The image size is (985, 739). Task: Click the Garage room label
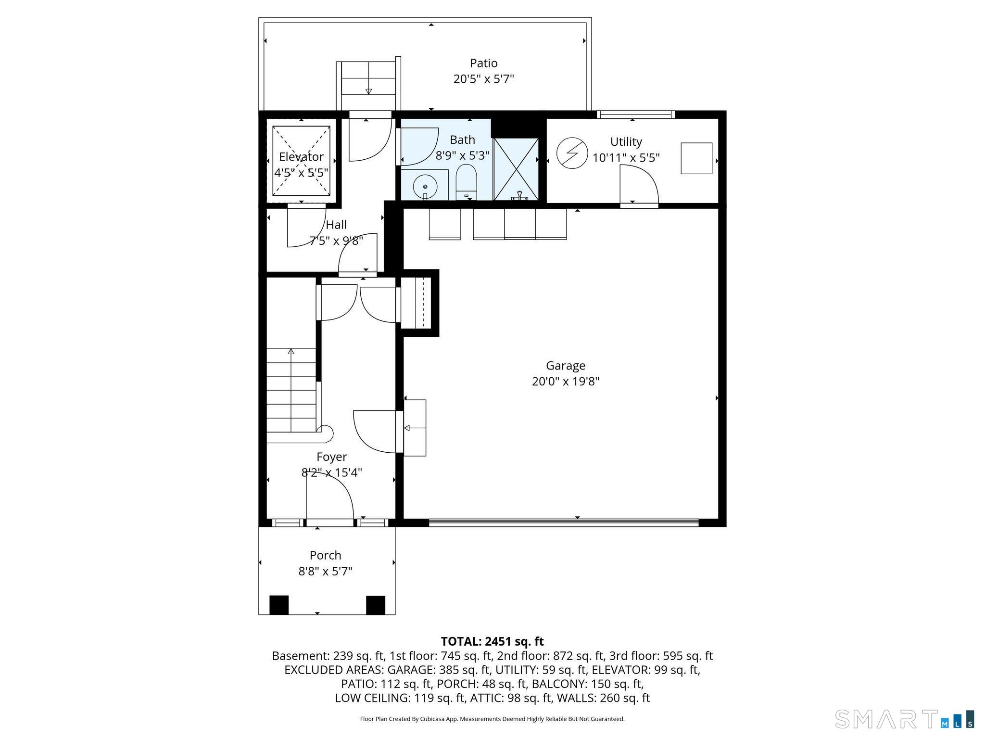[x=565, y=366]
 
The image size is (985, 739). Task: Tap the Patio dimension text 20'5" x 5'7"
[x=483, y=79]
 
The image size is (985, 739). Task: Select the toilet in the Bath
[x=466, y=182]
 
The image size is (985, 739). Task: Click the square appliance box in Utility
[x=696, y=158]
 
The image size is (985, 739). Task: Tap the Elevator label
[x=301, y=157]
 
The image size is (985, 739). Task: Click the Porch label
[x=326, y=555]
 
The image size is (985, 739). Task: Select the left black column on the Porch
[x=279, y=605]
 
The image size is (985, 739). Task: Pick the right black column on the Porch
[x=376, y=605]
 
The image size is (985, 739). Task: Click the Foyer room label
[x=331, y=457]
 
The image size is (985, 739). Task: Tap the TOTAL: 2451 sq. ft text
[x=492, y=641]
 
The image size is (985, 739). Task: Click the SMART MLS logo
[x=905, y=718]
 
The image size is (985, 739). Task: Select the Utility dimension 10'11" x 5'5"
[x=626, y=158]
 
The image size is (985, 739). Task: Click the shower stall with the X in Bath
[x=516, y=169]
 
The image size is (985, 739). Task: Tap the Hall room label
[x=336, y=225]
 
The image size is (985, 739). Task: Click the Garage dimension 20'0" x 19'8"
[x=566, y=382]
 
